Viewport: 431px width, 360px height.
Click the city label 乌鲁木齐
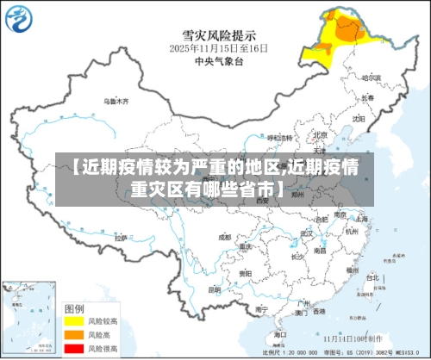pyautogui.click(x=116, y=101)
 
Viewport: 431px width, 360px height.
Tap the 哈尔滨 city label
pyautogui.click(x=371, y=77)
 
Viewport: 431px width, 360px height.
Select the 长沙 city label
pyautogui.click(x=297, y=256)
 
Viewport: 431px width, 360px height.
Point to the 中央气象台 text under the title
pyautogui.click(x=217, y=62)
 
